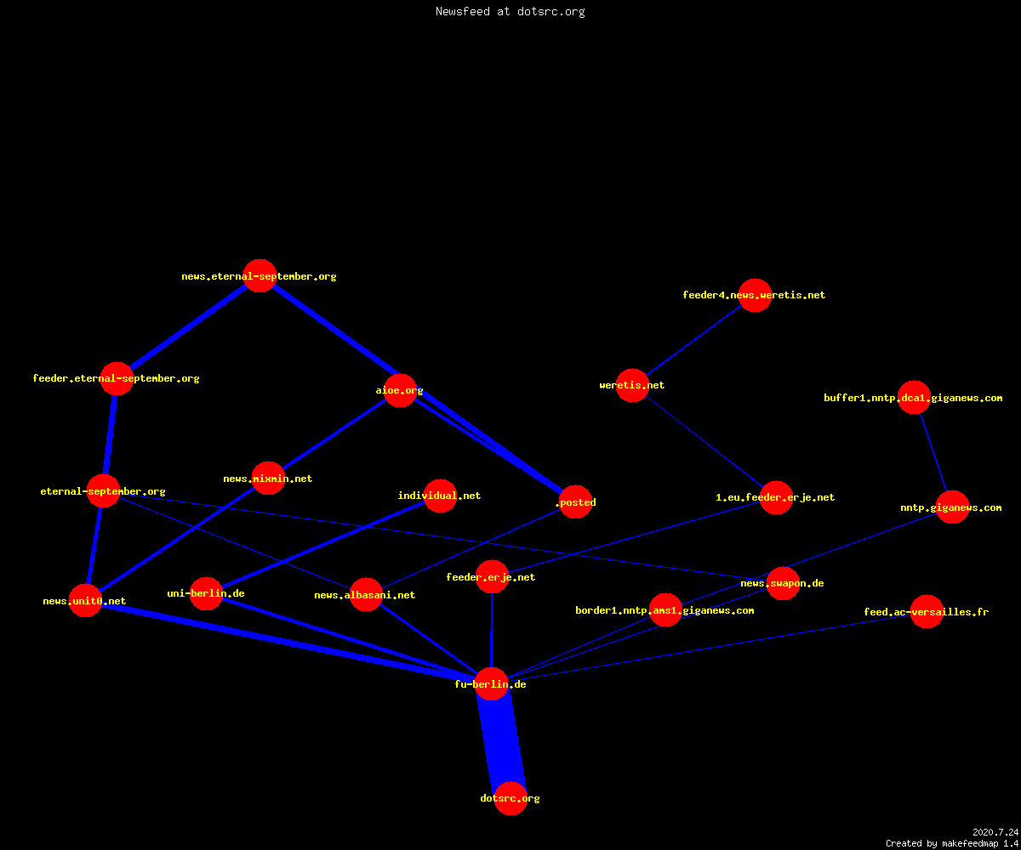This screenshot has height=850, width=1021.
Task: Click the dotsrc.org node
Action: tap(510, 798)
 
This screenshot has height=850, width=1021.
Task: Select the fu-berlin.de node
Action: tap(492, 684)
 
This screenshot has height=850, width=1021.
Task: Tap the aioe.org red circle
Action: tap(400, 390)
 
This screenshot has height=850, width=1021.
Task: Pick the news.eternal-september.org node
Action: tap(260, 276)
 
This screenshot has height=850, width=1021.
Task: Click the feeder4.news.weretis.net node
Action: tap(755, 295)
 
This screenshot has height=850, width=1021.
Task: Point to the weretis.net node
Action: tap(632, 385)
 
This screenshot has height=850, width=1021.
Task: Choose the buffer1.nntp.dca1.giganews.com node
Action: tap(914, 397)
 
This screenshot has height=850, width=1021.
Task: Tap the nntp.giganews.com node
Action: tap(952, 507)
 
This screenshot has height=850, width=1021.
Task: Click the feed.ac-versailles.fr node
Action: tap(927, 611)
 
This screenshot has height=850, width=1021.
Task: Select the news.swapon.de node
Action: tap(783, 583)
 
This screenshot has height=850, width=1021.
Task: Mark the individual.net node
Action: tap(440, 496)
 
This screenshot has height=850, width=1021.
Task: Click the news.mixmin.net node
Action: tap(268, 479)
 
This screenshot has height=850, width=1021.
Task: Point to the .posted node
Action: tap(575, 501)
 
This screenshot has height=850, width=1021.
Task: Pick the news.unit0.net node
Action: tap(86, 600)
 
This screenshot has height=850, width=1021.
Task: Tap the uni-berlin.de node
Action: tap(207, 593)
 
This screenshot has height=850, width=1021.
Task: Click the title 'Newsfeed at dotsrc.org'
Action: tap(510, 12)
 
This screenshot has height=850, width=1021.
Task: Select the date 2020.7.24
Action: tap(995, 832)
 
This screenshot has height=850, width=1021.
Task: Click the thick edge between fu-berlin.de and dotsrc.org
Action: tap(501, 741)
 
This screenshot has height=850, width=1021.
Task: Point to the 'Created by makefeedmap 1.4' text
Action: tap(952, 844)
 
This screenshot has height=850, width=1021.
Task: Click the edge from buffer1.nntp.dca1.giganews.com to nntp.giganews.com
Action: tap(933, 452)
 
